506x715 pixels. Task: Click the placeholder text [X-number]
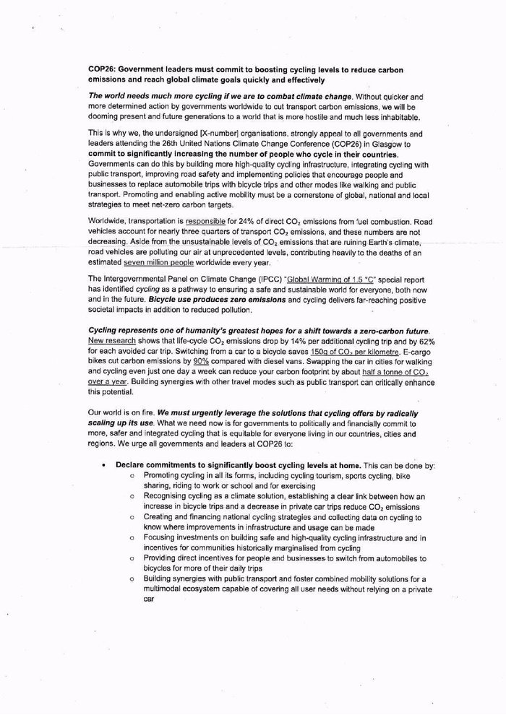192,133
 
